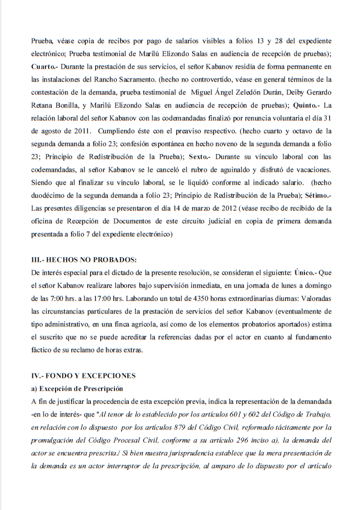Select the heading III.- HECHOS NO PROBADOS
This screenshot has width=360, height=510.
pyautogui.click(x=84, y=260)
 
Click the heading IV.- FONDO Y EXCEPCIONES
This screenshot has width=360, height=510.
pyautogui.click(x=83, y=376)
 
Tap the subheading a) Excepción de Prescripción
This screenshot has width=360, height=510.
pyautogui.click(x=77, y=389)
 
